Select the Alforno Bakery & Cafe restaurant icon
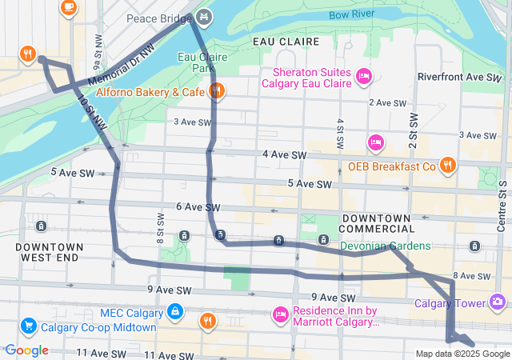tap(217, 91)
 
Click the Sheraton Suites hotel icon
tap(364, 76)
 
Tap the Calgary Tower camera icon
tap(498, 302)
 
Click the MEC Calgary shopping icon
tap(174, 310)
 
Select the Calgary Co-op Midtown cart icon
tap(29, 326)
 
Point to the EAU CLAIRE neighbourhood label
tap(280, 40)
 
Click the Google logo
tap(26, 350)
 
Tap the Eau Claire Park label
tap(202, 62)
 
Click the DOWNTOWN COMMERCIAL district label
tap(376, 224)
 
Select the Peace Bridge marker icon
tap(204, 16)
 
